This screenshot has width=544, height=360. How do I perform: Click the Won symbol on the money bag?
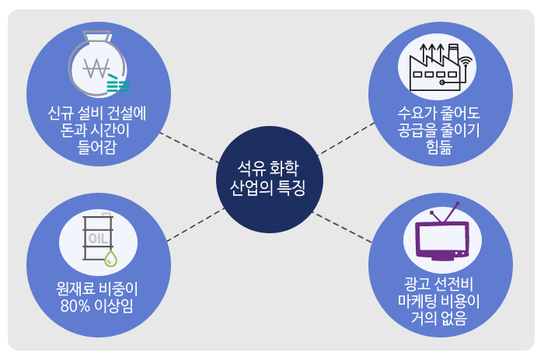tap(99, 72)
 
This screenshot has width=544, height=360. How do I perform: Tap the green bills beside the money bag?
tap(119, 81)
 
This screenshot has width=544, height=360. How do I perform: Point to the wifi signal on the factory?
tap(466, 60)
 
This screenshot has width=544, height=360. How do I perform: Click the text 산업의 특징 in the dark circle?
tap(267, 188)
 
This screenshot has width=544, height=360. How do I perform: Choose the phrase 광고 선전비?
tap(439, 284)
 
